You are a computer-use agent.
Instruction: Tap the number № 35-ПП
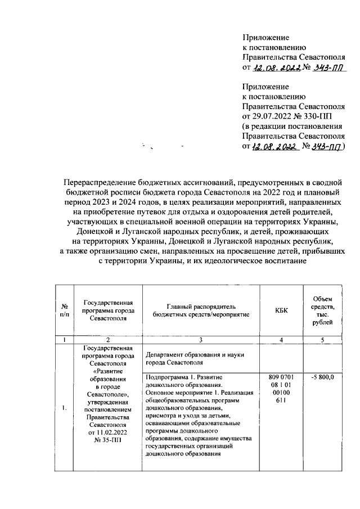106,440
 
